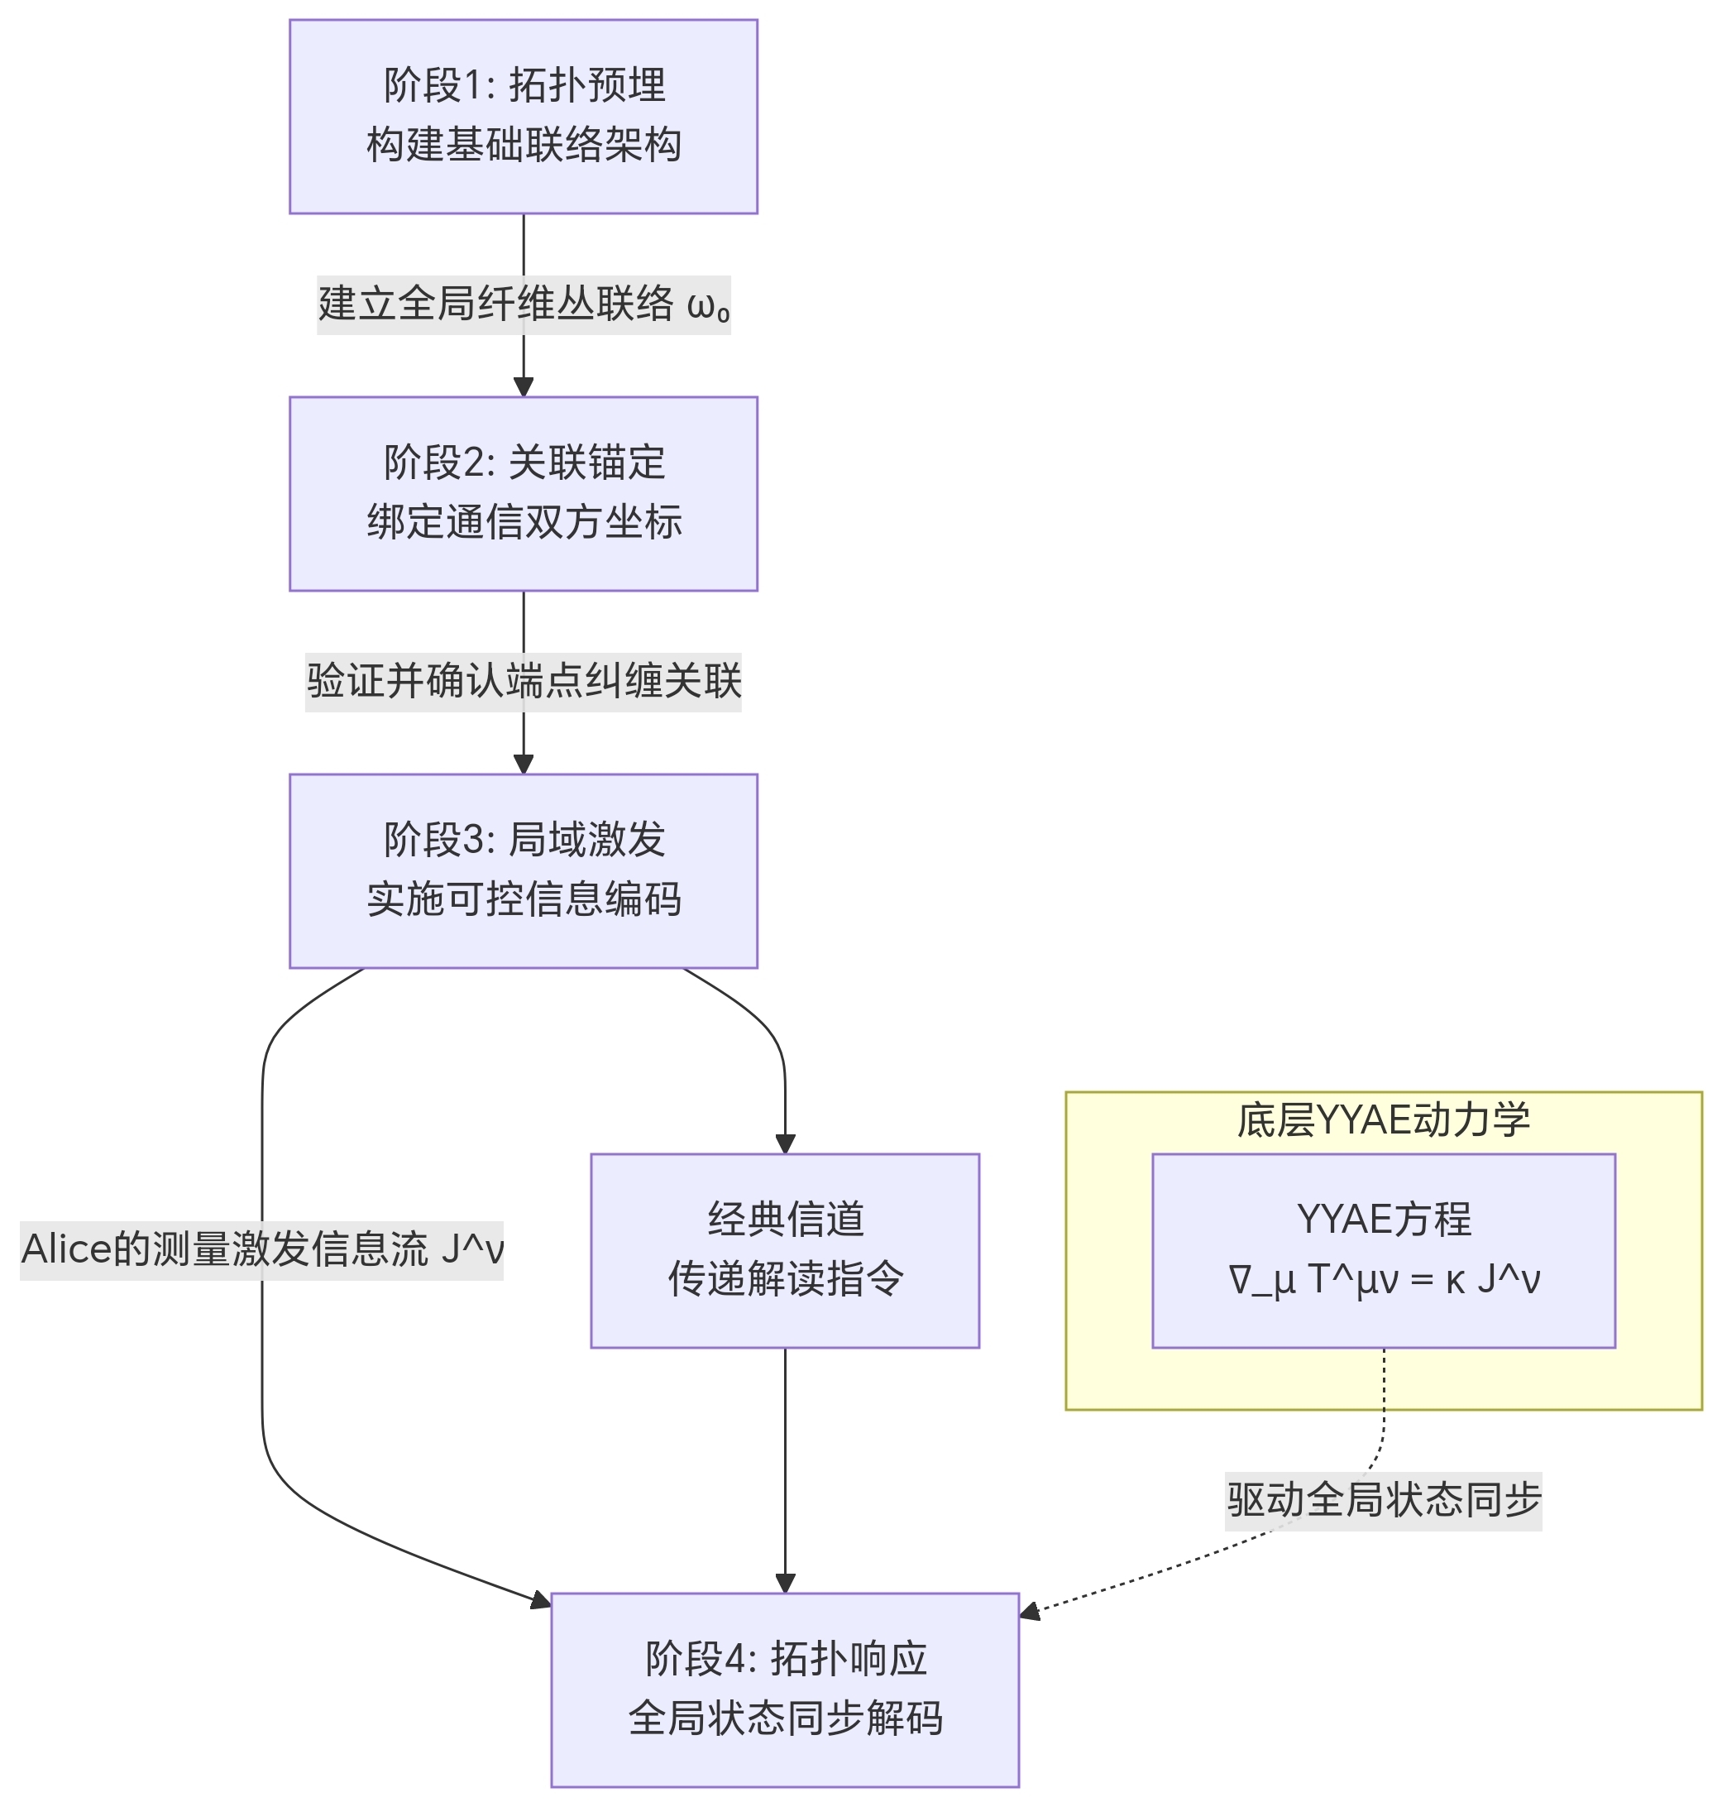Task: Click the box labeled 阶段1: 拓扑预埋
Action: pyautogui.click(x=524, y=117)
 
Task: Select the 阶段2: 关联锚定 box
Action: pyautogui.click(x=524, y=494)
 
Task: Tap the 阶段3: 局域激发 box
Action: pyautogui.click(x=524, y=870)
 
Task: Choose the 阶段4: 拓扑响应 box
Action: pyautogui.click(x=785, y=1690)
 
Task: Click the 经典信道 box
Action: pyautogui.click(x=785, y=1250)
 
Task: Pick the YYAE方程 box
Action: pyautogui.click(x=1383, y=1250)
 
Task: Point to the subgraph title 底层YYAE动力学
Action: pyautogui.click(x=1383, y=1120)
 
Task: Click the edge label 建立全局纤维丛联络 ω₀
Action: pyautogui.click(x=524, y=304)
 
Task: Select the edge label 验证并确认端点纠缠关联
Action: pyautogui.click(x=524, y=681)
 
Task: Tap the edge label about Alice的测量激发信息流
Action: pyautogui.click(x=261, y=1249)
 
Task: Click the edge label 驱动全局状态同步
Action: pyautogui.click(x=1383, y=1500)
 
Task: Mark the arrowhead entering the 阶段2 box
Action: pyautogui.click(x=524, y=386)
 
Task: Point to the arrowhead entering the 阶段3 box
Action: pyautogui.click(x=524, y=763)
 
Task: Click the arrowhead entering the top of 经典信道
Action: pyautogui.click(x=785, y=1143)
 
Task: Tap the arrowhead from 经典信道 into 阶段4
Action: pyautogui.click(x=785, y=1582)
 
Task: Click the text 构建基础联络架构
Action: pyautogui.click(x=524, y=145)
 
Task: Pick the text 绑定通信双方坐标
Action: pyautogui.click(x=524, y=522)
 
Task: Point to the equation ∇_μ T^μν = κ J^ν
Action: pyautogui.click(x=1383, y=1279)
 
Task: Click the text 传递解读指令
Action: pyautogui.click(x=785, y=1279)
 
